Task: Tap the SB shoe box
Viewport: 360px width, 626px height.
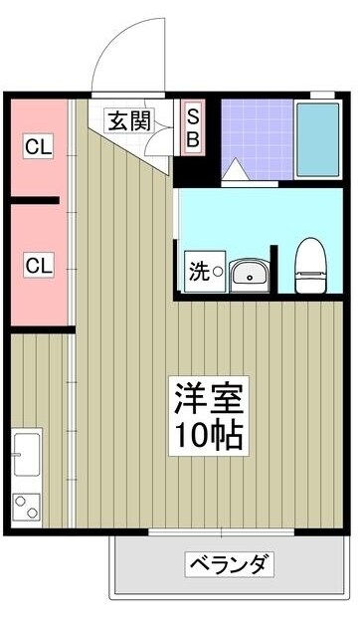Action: pyautogui.click(x=193, y=128)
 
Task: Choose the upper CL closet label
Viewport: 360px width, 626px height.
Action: pyautogui.click(x=39, y=148)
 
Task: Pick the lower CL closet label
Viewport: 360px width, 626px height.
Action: pyautogui.click(x=39, y=266)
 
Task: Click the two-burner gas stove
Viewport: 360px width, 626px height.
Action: pyautogui.click(x=26, y=507)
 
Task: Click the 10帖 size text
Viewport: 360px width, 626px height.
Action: pyautogui.click(x=208, y=435)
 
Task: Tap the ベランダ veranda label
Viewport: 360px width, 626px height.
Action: pyautogui.click(x=229, y=565)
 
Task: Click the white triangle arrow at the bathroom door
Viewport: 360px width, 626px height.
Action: pyautogui.click(x=236, y=171)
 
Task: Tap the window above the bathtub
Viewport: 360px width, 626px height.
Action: pyautogui.click(x=321, y=95)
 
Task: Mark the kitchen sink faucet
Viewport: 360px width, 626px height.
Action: pyautogui.click(x=16, y=456)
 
